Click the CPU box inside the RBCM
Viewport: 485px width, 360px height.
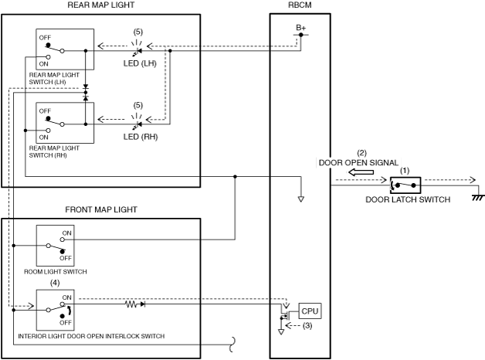pos(310,311)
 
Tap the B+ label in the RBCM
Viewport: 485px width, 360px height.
pos(300,28)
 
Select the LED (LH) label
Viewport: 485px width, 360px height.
pos(140,63)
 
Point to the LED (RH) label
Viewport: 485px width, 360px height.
pos(141,137)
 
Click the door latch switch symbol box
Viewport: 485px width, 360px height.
pos(405,185)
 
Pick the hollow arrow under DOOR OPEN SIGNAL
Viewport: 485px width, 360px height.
pos(361,172)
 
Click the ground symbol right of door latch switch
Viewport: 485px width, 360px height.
pos(478,197)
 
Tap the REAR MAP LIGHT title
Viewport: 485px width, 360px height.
pos(101,5)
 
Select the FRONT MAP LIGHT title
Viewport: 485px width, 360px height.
pos(101,209)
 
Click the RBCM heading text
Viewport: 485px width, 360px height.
pos(300,5)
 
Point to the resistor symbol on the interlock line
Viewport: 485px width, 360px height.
pos(131,304)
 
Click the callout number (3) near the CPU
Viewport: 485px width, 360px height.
pos(307,326)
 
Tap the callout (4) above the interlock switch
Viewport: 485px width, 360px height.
pos(55,283)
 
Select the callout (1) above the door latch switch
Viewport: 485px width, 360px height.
pos(405,171)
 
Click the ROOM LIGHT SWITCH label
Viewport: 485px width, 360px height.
pos(56,272)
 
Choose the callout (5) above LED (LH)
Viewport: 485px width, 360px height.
pos(138,32)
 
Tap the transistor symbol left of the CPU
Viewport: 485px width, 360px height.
pos(284,315)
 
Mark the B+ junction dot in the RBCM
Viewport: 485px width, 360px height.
pos(301,35)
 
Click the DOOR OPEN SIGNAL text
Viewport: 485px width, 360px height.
pos(358,163)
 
